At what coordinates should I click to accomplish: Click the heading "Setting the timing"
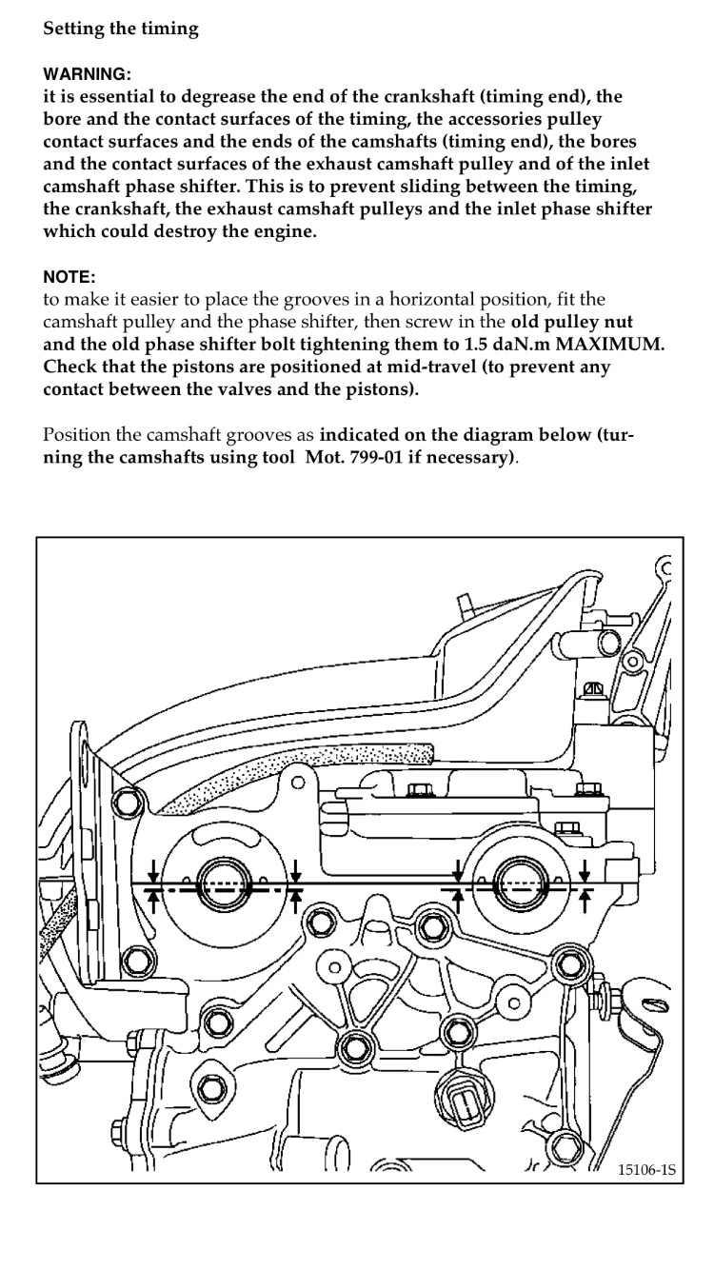point(121,29)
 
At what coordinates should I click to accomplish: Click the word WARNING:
point(88,73)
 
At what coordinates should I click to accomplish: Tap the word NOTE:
point(69,277)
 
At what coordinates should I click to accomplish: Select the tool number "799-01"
point(371,457)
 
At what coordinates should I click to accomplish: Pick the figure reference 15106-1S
point(646,1170)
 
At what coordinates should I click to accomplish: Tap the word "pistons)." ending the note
point(383,389)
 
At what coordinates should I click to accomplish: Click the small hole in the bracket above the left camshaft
point(298,783)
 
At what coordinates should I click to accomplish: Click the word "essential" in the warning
point(116,97)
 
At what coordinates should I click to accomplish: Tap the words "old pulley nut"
point(571,322)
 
